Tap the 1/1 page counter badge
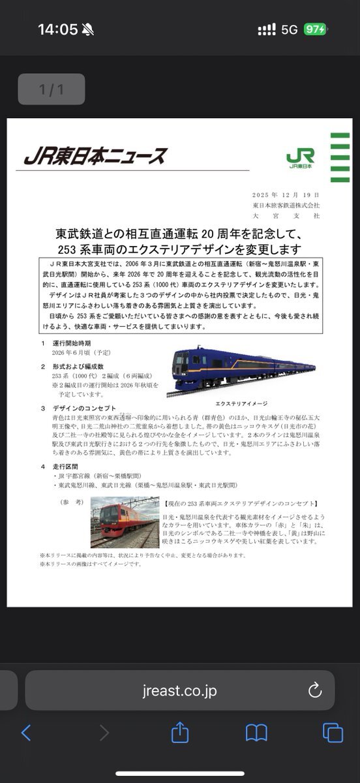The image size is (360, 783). click(52, 89)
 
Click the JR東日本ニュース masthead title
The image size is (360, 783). click(95, 157)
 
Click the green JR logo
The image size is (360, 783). click(300, 157)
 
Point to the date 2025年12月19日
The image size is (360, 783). click(286, 195)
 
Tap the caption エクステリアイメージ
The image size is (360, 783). click(241, 403)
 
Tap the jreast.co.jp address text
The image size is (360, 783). click(179, 690)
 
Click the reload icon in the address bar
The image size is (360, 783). click(314, 690)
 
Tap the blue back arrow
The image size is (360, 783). click(26, 733)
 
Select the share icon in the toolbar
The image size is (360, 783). click(180, 733)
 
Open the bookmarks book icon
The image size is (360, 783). click(256, 733)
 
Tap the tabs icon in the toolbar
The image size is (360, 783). click(333, 733)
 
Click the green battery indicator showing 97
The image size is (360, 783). click(315, 29)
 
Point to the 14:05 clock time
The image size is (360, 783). click(57, 29)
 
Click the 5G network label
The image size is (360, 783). click(289, 29)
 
